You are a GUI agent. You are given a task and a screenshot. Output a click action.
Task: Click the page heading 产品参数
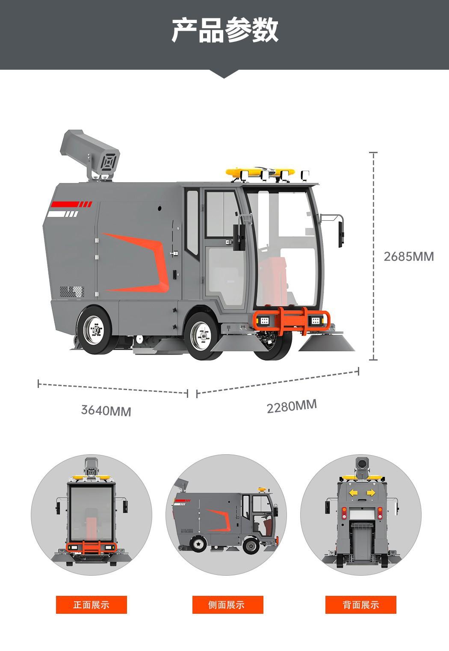click(224, 30)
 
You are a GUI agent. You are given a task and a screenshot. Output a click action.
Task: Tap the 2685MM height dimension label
click(409, 257)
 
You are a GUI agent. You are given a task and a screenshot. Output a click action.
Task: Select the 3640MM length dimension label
click(106, 410)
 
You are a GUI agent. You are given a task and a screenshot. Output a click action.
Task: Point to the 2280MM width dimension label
click(292, 406)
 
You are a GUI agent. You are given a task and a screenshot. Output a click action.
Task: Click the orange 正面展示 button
click(91, 605)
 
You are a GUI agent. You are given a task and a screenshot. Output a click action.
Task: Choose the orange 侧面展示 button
click(227, 605)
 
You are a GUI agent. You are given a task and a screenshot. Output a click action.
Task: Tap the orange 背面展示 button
click(360, 605)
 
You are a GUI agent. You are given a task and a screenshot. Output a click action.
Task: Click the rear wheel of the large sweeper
click(94, 330)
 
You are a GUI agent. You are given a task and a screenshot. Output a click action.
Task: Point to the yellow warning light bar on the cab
click(260, 172)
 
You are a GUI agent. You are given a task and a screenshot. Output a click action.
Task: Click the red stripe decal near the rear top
click(71, 204)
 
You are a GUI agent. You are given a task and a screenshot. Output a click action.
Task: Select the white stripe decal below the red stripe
click(63, 214)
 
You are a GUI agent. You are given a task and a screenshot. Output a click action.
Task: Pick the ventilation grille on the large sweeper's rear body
click(72, 292)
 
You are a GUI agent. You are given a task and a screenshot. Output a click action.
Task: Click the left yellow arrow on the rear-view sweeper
click(354, 493)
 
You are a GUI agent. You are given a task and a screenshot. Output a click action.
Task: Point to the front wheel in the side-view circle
click(251, 546)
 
